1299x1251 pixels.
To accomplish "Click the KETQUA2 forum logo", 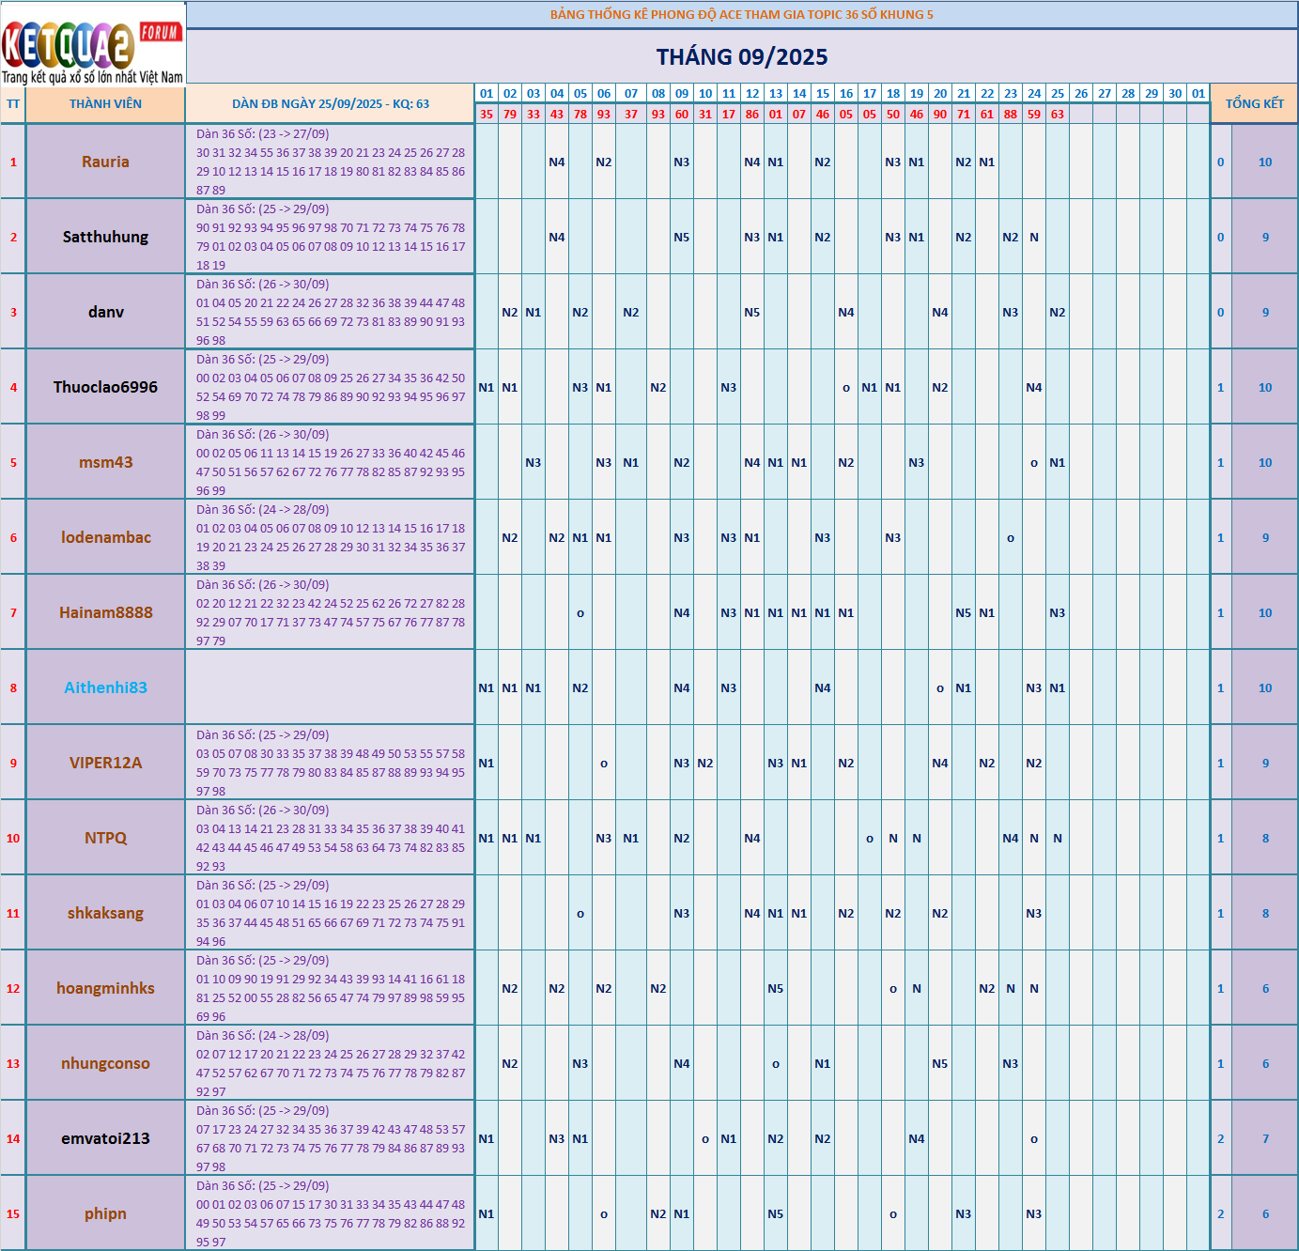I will pyautogui.click(x=92, y=43).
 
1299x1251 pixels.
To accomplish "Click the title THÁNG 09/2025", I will pyautogui.click(x=742, y=57).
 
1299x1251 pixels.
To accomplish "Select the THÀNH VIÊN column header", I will pyautogui.click(x=105, y=104).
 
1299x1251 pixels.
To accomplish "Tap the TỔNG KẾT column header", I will pyautogui.click(x=1254, y=104).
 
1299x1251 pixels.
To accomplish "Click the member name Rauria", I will pyautogui.click(x=105, y=162).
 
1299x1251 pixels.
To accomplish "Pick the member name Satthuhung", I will pyautogui.click(x=105, y=237).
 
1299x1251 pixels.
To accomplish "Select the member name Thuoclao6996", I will pyautogui.click(x=105, y=387).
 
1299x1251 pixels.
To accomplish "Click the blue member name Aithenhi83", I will pyautogui.click(x=105, y=687).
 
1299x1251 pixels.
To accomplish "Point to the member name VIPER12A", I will pyautogui.click(x=105, y=763).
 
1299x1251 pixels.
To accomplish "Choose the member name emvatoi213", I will pyautogui.click(x=105, y=1138).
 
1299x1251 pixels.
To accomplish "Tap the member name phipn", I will pyautogui.click(x=105, y=1213).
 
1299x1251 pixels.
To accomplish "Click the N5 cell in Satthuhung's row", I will pyautogui.click(x=682, y=238).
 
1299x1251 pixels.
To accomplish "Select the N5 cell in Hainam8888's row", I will pyautogui.click(x=964, y=613).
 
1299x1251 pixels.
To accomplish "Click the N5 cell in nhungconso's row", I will pyautogui.click(x=940, y=1064).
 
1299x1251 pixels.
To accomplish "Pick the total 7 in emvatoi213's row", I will pyautogui.click(x=1265, y=1139).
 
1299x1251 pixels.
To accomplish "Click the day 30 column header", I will pyautogui.click(x=1175, y=94).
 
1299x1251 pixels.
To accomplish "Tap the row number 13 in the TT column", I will pyautogui.click(x=13, y=1064).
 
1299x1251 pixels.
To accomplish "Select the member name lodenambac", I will pyautogui.click(x=105, y=537).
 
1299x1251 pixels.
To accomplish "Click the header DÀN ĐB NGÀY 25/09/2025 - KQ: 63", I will pyautogui.click(x=331, y=104).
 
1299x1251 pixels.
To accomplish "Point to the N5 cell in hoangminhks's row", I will pyautogui.click(x=776, y=989).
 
